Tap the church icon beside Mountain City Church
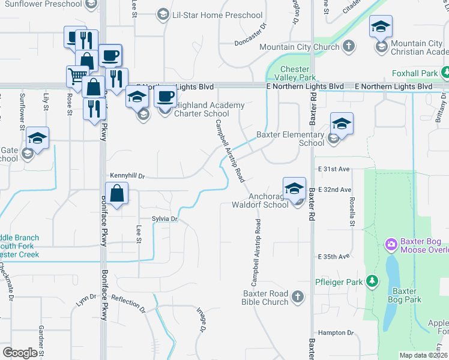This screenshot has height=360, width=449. [x=348, y=47]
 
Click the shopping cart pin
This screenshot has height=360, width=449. [x=76, y=77]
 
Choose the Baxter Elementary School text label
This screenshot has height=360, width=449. [x=291, y=139]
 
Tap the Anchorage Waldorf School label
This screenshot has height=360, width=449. [x=260, y=200]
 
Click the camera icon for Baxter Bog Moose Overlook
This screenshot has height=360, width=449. [x=391, y=244]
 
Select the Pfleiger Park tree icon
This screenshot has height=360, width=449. [x=372, y=281]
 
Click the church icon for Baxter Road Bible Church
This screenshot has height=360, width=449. [x=297, y=296]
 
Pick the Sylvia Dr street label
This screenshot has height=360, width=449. [x=165, y=220]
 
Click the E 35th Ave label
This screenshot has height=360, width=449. [x=334, y=257]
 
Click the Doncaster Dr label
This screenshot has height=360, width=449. [x=250, y=43]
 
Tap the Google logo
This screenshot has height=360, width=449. [x=20, y=353]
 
